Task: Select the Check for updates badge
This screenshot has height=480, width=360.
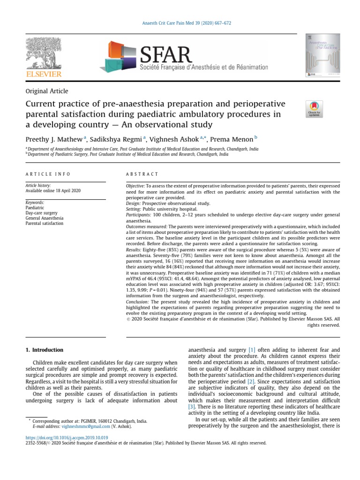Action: pyautogui.click(x=314, y=109)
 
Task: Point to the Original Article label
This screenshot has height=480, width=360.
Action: pyautogui.click(x=47, y=91)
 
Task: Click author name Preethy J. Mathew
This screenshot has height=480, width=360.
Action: pyautogui.click(x=54, y=139)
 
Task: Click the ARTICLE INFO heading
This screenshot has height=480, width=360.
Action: pyautogui.click(x=48, y=174)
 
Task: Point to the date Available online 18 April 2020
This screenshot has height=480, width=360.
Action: pyautogui.click(x=53, y=191)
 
